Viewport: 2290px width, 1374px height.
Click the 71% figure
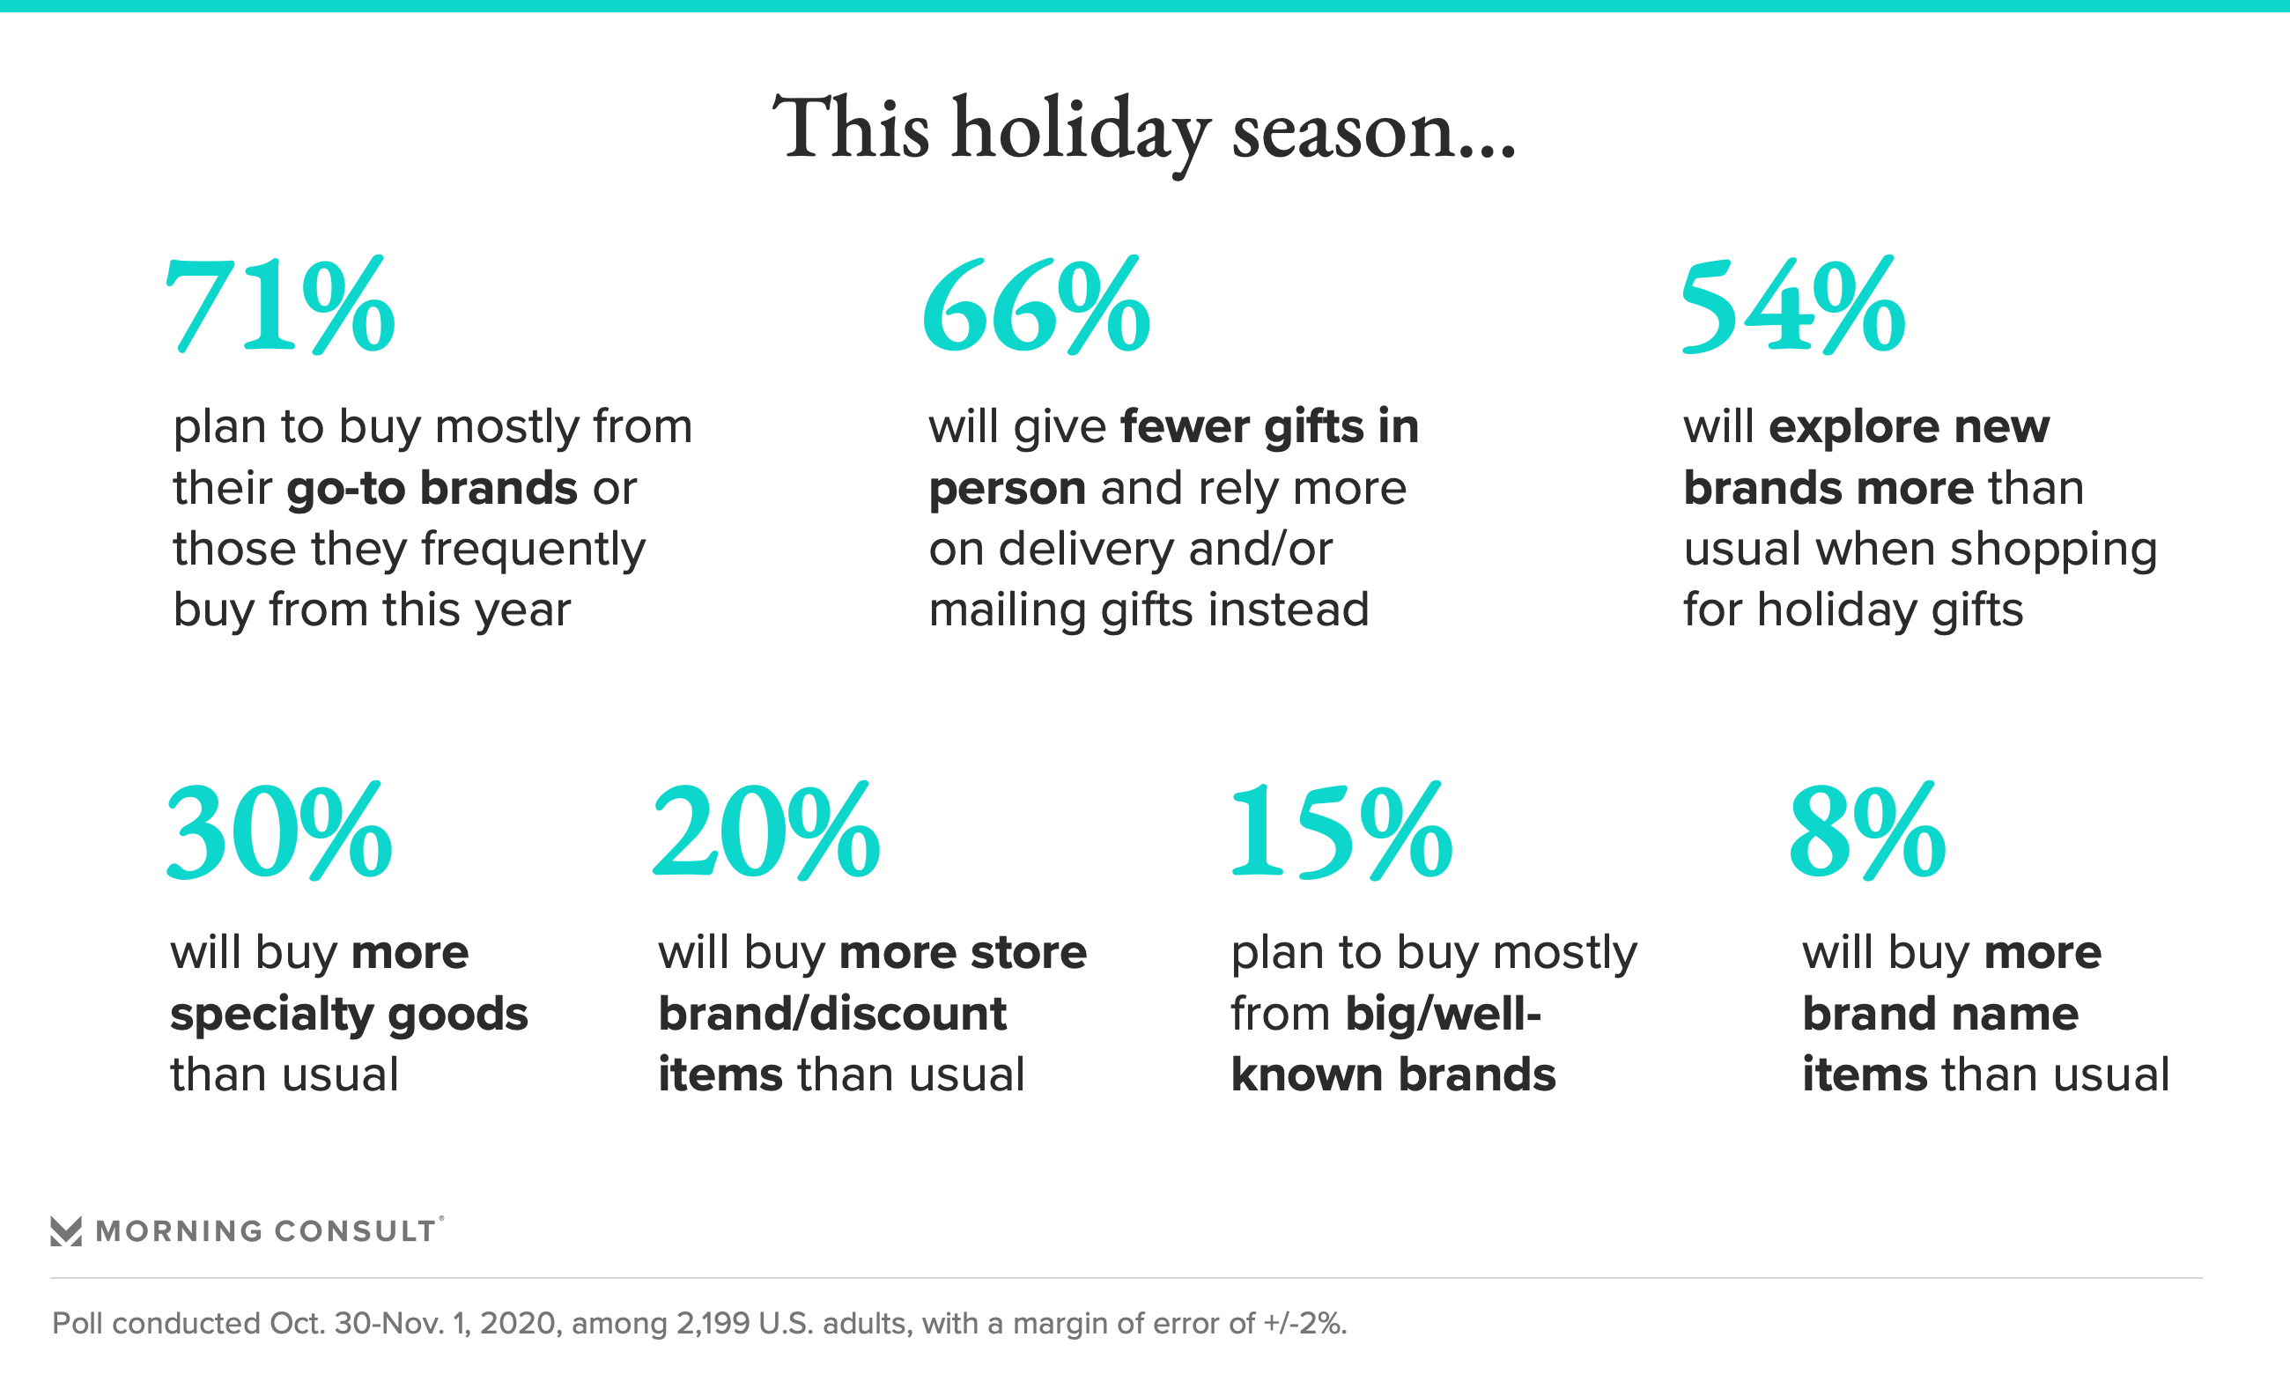[280, 306]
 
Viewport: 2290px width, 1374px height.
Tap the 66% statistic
[1037, 306]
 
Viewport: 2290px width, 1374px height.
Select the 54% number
[1793, 306]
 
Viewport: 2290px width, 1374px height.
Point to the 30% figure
[279, 831]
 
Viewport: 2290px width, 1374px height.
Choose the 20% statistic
[766, 831]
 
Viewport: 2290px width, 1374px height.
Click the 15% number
[1341, 831]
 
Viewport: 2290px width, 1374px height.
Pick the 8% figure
[1868, 831]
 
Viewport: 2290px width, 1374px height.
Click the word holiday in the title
[1081, 131]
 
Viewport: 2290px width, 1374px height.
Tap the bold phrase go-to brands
[432, 488]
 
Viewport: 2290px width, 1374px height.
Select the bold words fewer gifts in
[1269, 427]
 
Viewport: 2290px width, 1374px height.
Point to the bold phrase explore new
[1909, 427]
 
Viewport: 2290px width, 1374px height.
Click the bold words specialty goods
[349, 1015]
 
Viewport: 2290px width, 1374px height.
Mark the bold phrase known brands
[1393, 1074]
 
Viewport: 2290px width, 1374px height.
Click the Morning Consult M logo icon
[66, 1230]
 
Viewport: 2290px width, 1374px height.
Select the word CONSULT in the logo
[356, 1230]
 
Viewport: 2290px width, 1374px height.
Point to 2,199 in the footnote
[713, 1324]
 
